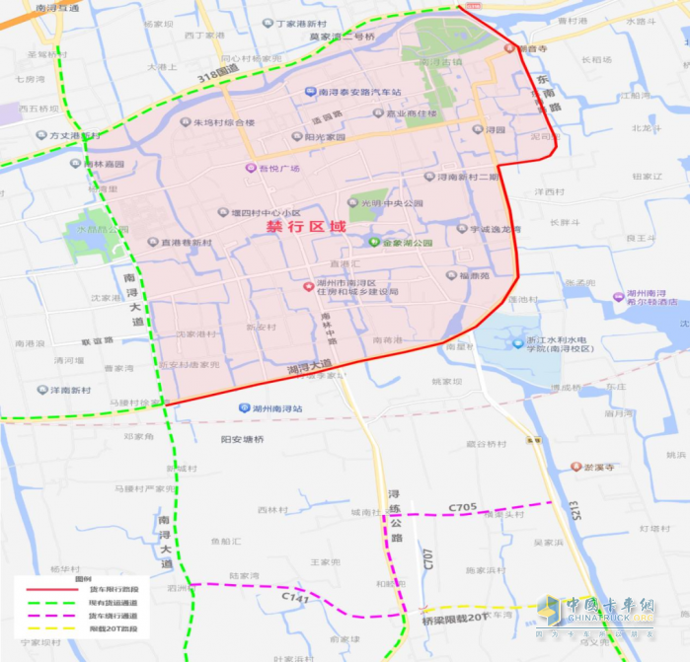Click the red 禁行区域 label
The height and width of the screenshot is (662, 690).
coord(306,227)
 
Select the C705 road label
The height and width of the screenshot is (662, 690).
coord(463,508)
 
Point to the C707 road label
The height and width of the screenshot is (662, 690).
coord(427,559)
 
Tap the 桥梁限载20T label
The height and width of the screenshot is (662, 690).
coord(454,618)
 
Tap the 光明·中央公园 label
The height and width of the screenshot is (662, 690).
coord(390,204)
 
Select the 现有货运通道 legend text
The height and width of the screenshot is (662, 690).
coord(113,602)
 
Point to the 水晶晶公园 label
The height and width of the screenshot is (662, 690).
coord(102,230)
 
